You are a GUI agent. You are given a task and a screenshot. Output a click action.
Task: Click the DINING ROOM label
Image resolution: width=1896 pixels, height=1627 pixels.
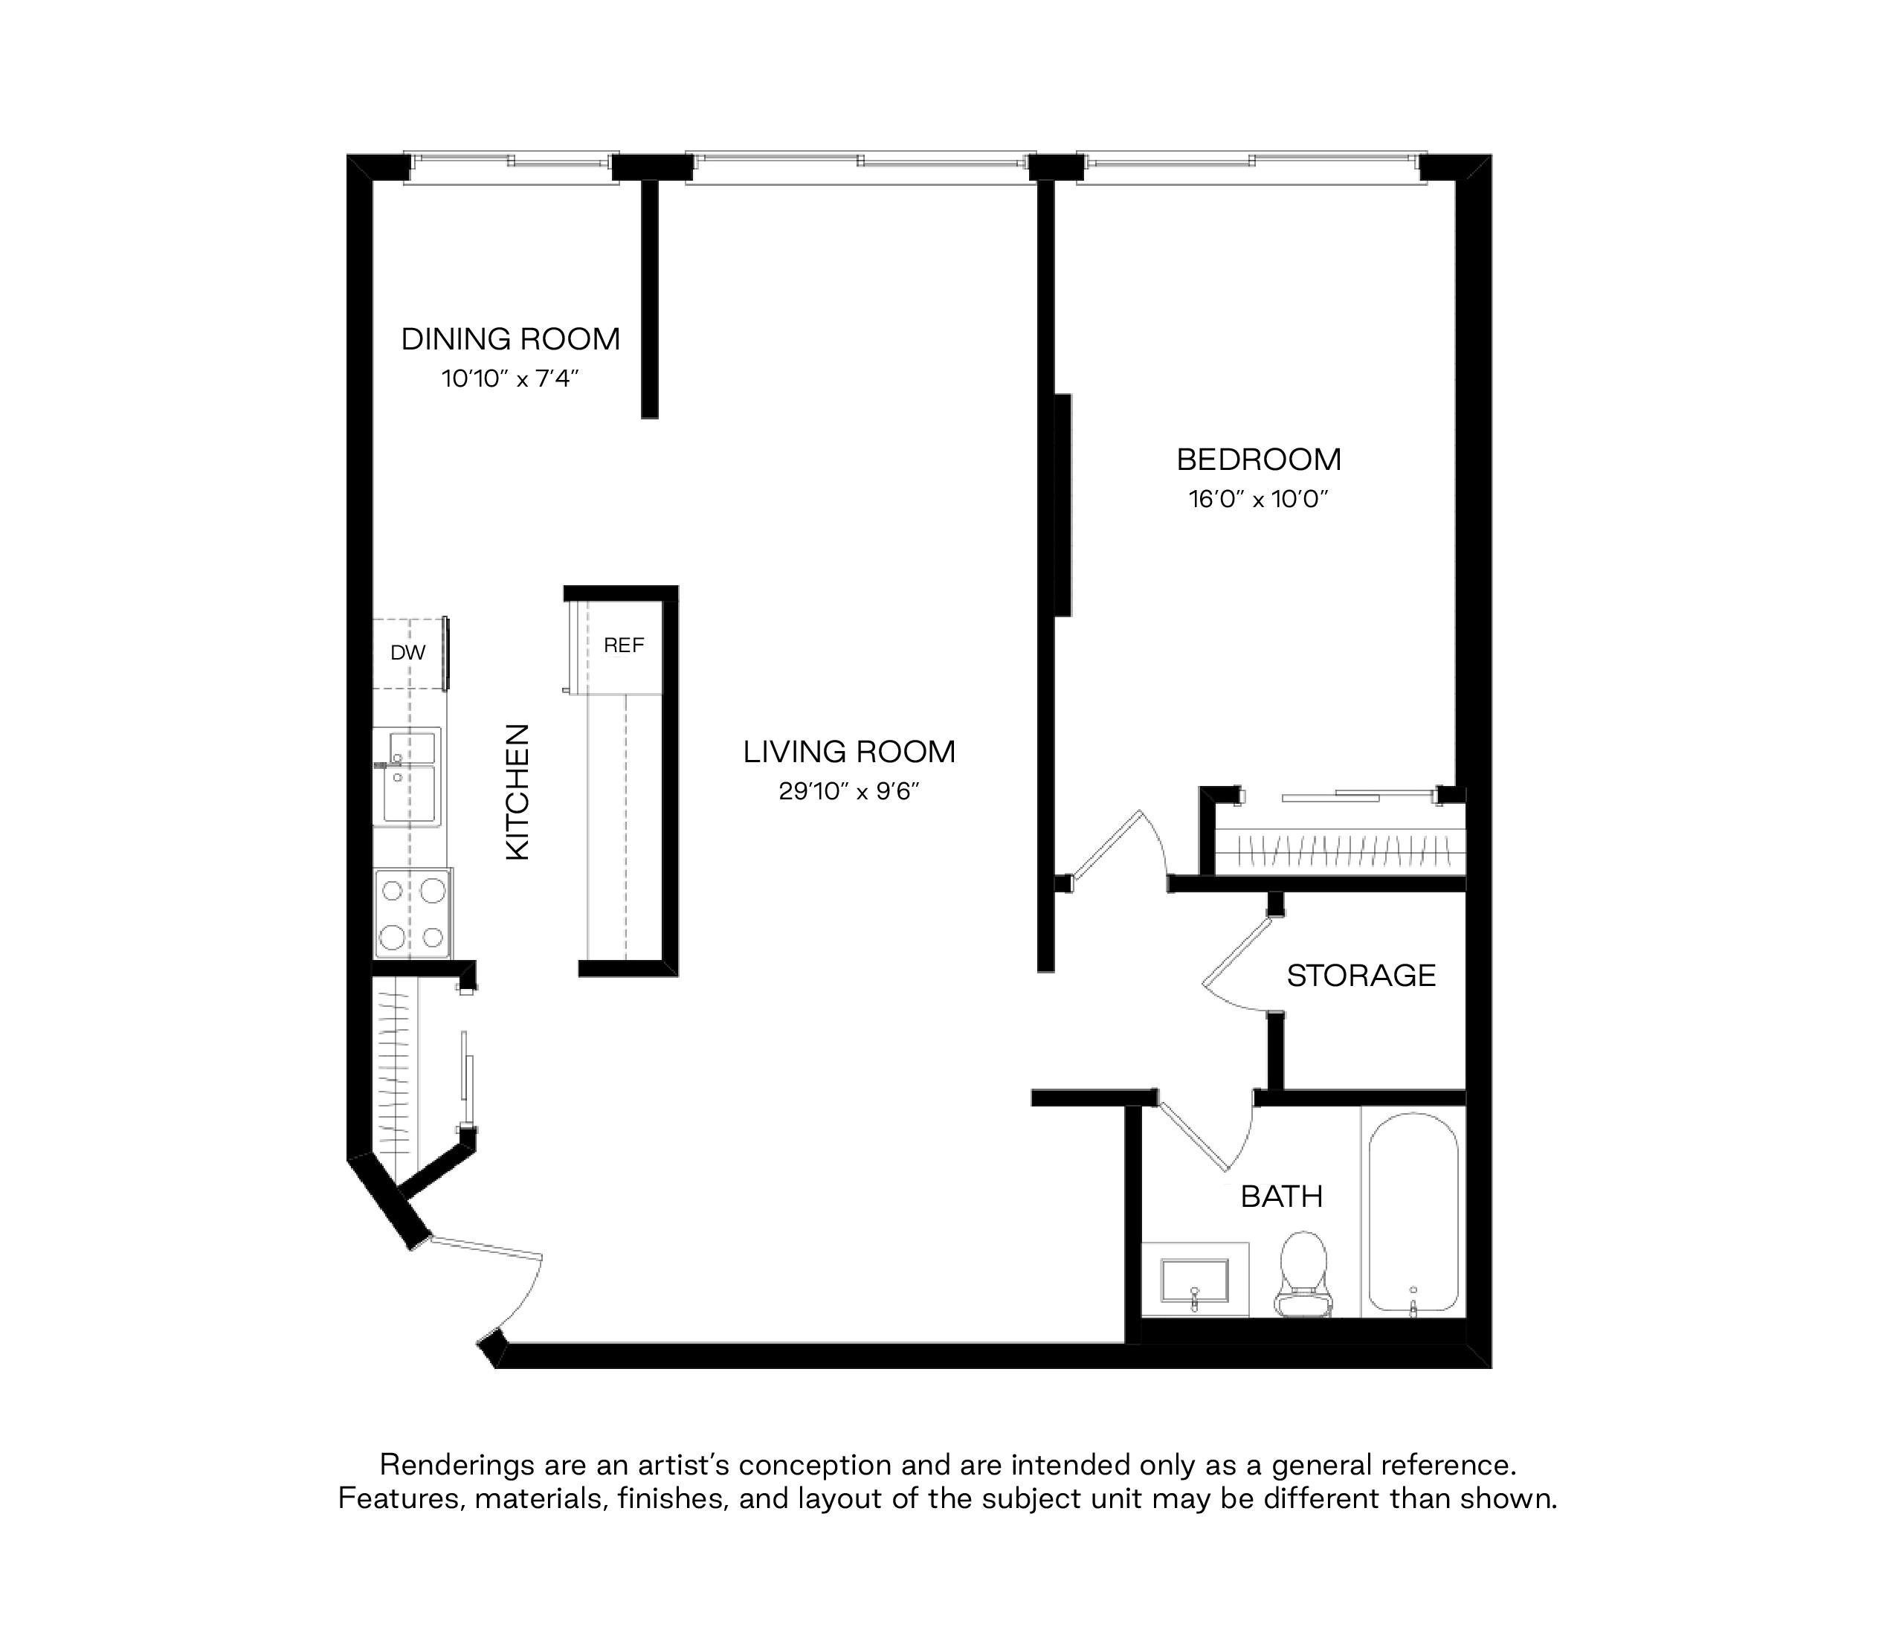pyautogui.click(x=511, y=340)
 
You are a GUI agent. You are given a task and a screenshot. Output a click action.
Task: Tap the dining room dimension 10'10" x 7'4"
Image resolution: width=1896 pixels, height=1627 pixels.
pyautogui.click(x=511, y=378)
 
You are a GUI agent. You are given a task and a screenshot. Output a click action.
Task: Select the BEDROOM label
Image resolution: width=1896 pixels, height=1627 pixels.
pyautogui.click(x=1259, y=460)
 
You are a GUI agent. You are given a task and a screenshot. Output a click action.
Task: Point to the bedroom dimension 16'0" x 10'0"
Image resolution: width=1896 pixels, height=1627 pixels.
pyautogui.click(x=1259, y=500)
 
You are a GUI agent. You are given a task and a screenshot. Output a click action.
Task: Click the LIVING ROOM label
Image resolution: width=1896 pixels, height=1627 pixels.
pyautogui.click(x=849, y=753)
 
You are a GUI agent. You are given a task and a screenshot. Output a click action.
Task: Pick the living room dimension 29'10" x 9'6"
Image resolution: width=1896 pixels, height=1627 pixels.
pyautogui.click(x=849, y=791)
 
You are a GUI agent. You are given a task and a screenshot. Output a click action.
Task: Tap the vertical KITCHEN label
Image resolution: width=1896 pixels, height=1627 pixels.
pyautogui.click(x=518, y=793)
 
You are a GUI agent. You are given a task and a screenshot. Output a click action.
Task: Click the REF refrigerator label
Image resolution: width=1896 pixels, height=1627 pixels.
pyautogui.click(x=624, y=646)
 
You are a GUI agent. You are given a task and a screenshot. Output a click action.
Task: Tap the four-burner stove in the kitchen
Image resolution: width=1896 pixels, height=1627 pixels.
pyautogui.click(x=413, y=913)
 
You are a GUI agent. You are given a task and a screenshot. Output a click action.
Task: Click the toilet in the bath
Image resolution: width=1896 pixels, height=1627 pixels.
pyautogui.click(x=1304, y=1275)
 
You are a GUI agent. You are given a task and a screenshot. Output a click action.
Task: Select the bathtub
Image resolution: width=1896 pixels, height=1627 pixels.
pyautogui.click(x=1413, y=1214)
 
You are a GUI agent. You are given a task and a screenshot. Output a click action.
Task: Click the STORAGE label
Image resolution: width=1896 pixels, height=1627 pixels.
pyautogui.click(x=1361, y=976)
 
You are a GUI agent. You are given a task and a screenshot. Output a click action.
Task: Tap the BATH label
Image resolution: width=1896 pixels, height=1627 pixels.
pyautogui.click(x=1282, y=1197)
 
